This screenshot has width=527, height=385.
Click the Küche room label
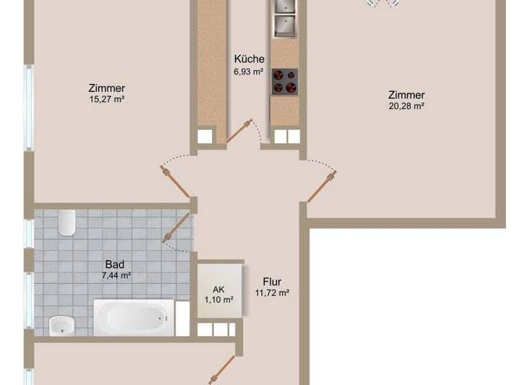tap(248, 59)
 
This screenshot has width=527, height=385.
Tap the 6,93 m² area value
tap(248, 71)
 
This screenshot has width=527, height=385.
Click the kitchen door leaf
tap(237, 131)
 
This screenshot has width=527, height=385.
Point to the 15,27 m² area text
tap(106, 99)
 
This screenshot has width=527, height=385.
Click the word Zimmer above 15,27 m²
tap(106, 88)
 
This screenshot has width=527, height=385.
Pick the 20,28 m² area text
tap(406, 106)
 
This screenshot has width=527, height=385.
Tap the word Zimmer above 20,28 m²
tap(406, 95)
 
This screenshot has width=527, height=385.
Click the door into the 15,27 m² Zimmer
tap(177, 183)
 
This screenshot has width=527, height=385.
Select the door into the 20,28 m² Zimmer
tap(321, 186)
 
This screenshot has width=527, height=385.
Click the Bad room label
tap(114, 263)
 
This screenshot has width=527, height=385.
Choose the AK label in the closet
tap(219, 289)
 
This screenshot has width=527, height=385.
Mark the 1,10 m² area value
tap(219, 300)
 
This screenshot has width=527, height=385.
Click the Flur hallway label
tap(272, 281)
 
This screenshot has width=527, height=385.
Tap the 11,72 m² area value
tap(272, 292)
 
